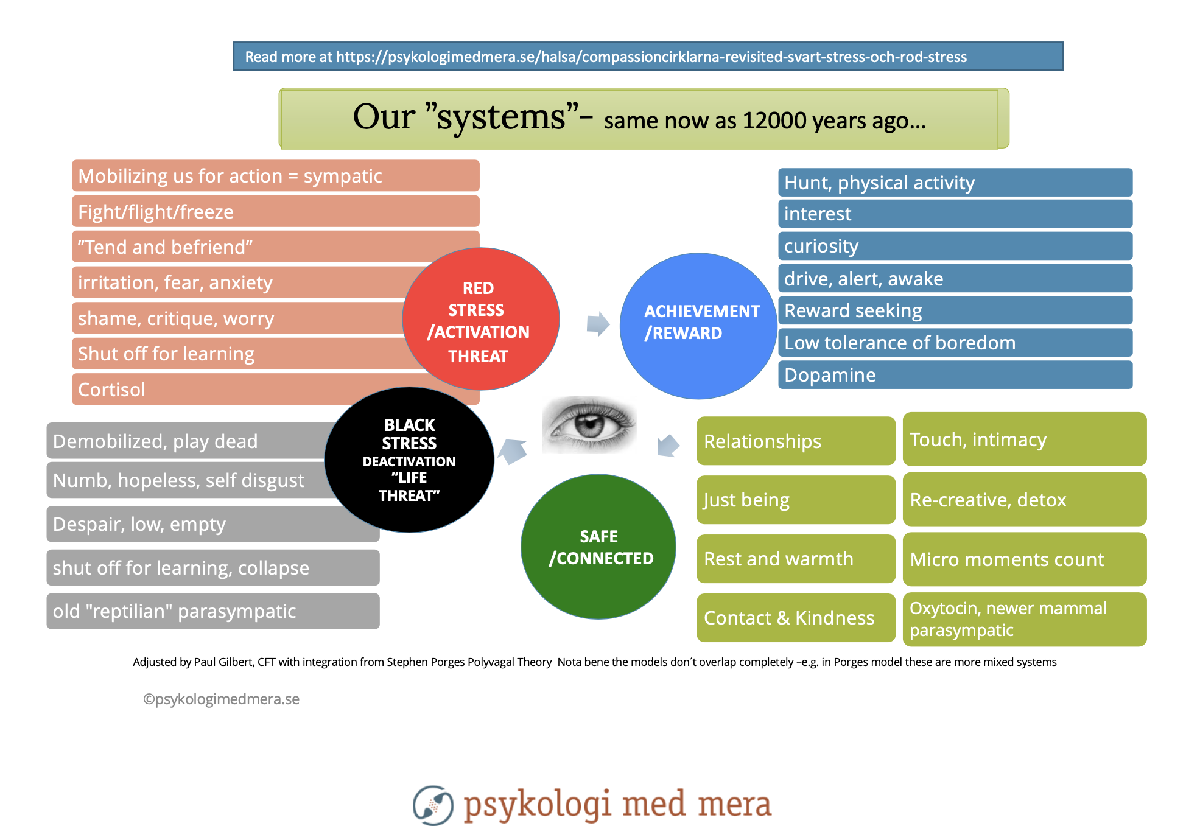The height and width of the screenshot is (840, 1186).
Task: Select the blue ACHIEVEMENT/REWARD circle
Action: click(x=698, y=326)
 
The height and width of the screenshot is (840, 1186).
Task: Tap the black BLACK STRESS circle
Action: click(x=409, y=460)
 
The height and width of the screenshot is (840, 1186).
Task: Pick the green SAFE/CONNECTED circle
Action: click(x=598, y=547)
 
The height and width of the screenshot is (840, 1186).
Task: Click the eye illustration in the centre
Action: click(x=589, y=424)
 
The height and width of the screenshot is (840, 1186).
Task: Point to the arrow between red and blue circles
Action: click(x=598, y=324)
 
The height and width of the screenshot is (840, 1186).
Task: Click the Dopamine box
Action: click(x=955, y=375)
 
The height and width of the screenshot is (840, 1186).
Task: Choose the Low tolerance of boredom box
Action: click(x=955, y=343)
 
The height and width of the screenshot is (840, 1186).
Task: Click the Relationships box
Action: click(x=795, y=441)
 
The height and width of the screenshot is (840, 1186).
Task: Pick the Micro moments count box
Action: click(x=1024, y=559)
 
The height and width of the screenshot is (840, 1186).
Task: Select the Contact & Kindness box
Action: click(x=795, y=618)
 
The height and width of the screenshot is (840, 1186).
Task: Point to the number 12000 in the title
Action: click(x=774, y=121)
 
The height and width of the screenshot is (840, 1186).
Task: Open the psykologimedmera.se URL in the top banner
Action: click(x=651, y=57)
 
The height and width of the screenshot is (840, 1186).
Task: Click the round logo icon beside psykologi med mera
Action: click(x=433, y=805)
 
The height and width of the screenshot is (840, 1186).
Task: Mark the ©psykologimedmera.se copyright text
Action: click(x=221, y=699)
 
